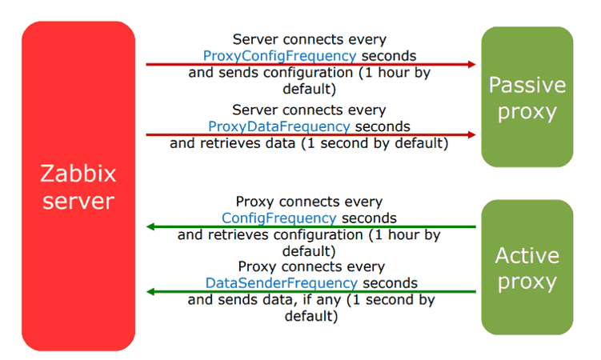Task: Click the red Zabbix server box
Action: tap(78, 186)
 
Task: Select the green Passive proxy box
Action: tap(527, 97)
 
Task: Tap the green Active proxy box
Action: tap(527, 267)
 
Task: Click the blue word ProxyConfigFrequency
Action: tap(279, 56)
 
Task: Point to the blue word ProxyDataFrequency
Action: tap(279, 126)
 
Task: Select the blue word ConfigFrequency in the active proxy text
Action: tap(278, 218)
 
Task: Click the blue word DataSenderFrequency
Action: tap(282, 283)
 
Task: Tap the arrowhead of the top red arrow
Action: tap(472, 64)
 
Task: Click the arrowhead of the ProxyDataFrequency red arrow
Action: tap(472, 135)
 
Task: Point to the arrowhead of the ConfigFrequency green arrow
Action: tap(150, 226)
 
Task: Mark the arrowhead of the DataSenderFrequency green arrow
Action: tap(150, 292)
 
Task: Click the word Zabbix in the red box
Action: tap(78, 174)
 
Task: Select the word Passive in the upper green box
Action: tap(527, 85)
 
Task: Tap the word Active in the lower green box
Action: tap(527, 255)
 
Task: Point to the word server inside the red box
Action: tap(78, 202)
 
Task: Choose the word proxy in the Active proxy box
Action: tap(527, 283)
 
